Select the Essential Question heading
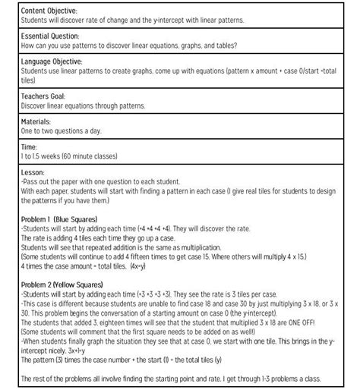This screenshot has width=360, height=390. coord(50,36)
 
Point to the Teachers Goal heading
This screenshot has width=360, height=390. coord(44,97)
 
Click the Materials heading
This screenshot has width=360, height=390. coord(36,121)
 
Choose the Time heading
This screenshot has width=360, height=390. coord(29,146)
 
